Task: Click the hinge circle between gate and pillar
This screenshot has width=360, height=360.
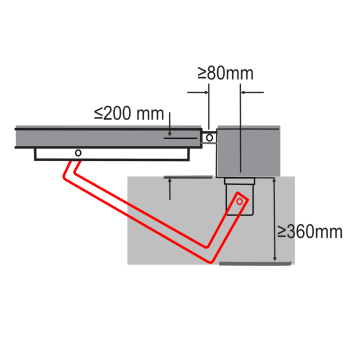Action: [209, 137]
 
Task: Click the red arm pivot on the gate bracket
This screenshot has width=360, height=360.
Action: [76, 152]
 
